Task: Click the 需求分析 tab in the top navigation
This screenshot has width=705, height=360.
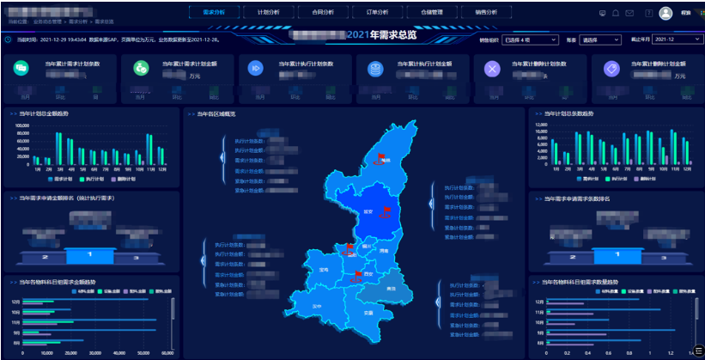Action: click(x=213, y=13)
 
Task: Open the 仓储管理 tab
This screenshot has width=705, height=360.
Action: click(x=431, y=13)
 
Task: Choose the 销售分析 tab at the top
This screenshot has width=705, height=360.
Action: click(x=485, y=13)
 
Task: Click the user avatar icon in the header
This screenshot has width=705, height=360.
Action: click(x=665, y=13)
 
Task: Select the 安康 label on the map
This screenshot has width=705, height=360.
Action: click(x=368, y=313)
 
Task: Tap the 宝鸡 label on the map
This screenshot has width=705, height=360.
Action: click(x=324, y=269)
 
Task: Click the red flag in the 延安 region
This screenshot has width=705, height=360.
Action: click(x=386, y=211)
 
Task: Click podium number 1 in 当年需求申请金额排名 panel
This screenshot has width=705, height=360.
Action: click(x=91, y=255)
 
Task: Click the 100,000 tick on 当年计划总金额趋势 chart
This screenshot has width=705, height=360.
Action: click(x=22, y=125)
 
